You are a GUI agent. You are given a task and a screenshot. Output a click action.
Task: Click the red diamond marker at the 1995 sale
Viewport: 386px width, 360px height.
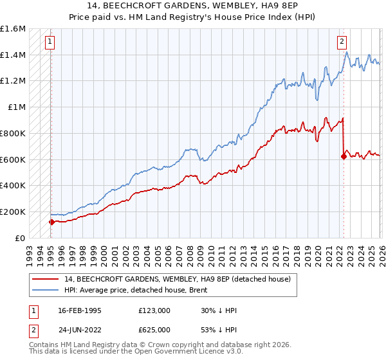(x=51, y=222)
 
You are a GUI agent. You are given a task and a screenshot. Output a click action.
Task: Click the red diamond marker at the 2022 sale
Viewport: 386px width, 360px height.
(x=344, y=156)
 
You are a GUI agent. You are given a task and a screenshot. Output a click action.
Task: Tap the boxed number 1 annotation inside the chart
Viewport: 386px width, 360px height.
(x=50, y=42)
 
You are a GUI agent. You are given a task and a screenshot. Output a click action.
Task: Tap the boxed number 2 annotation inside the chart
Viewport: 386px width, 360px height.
(x=342, y=42)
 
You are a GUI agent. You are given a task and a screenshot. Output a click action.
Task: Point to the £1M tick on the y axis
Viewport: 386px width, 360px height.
(x=17, y=107)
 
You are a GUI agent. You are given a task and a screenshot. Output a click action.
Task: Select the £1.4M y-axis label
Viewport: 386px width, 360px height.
(x=13, y=55)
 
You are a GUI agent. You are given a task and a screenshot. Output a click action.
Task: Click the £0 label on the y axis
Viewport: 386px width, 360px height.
(x=20, y=239)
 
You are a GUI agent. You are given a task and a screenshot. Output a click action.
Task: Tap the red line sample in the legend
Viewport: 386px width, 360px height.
(x=45, y=279)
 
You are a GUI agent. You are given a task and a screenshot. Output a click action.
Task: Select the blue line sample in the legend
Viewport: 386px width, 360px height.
(x=45, y=290)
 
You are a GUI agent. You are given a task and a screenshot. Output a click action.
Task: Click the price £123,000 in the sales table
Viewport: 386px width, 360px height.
(x=154, y=310)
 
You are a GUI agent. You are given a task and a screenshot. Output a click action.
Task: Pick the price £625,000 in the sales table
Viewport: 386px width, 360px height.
(x=154, y=330)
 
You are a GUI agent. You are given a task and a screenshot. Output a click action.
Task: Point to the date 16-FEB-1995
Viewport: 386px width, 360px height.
(x=80, y=310)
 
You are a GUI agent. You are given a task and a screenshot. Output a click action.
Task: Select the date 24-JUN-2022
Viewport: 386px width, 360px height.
(x=80, y=330)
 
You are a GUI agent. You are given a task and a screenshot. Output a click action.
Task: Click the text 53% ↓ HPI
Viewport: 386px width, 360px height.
(x=219, y=330)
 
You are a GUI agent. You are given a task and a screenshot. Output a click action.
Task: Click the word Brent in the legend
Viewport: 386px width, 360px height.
(x=198, y=290)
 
